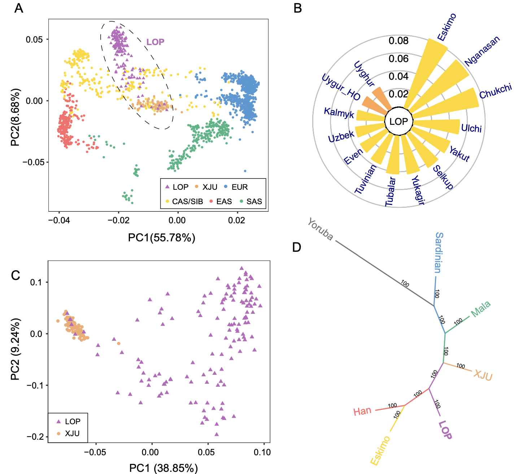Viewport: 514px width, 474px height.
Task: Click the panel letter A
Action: [x=19, y=8]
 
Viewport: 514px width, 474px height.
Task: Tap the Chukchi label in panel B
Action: [x=496, y=91]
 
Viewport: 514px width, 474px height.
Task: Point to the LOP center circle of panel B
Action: [x=398, y=122]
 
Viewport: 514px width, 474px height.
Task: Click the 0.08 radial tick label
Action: [x=398, y=41]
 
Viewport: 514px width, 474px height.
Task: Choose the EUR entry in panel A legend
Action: [x=240, y=187]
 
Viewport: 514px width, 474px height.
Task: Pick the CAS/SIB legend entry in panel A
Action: [x=187, y=201]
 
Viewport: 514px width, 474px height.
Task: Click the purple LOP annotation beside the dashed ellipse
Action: [x=155, y=42]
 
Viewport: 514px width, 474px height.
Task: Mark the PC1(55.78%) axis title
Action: [x=161, y=237]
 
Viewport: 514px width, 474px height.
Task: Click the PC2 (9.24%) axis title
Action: [x=15, y=349]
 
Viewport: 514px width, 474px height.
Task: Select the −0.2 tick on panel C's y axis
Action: [x=35, y=437]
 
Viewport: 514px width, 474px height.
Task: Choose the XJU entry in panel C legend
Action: [x=72, y=433]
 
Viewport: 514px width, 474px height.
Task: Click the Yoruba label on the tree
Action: [x=320, y=229]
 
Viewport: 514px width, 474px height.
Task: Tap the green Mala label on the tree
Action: [x=481, y=309]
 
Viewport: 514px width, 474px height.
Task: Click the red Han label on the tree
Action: [x=362, y=411]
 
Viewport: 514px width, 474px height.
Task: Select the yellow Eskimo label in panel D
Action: [x=380, y=450]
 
